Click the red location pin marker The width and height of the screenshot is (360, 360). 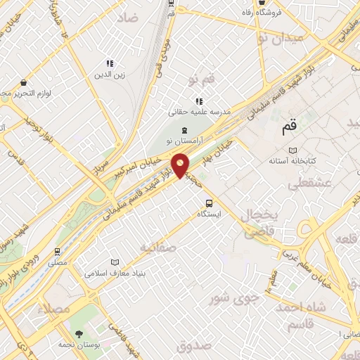click(x=181, y=165)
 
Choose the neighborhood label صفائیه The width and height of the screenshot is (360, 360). click(x=156, y=247)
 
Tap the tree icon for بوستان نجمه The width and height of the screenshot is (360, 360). click(x=77, y=334)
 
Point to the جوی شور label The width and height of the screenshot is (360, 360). click(x=236, y=299)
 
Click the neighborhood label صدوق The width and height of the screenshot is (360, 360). click(x=193, y=346)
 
